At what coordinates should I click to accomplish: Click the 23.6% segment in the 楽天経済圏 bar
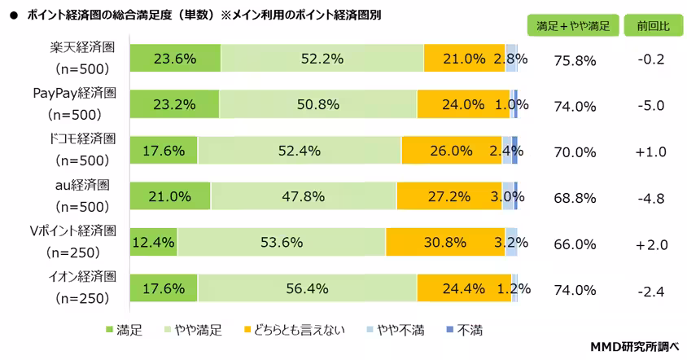[175, 59]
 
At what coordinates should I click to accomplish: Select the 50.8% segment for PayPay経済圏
[317, 105]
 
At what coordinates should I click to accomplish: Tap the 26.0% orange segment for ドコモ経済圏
[451, 151]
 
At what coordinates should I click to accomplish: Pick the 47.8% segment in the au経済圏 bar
[304, 196]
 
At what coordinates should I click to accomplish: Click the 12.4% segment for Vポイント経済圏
[154, 242]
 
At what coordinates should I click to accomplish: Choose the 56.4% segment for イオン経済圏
[307, 288]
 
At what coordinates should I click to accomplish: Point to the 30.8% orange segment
[445, 242]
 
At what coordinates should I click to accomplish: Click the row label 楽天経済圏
[82, 48]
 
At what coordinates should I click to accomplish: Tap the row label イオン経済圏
[82, 277]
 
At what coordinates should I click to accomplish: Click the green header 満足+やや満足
[573, 25]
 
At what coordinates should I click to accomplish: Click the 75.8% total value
[575, 60]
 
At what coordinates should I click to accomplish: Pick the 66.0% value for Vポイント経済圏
[575, 244]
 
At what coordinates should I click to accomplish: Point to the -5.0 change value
[652, 106]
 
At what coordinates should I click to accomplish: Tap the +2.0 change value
[652, 244]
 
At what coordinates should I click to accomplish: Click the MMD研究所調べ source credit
[634, 347]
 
